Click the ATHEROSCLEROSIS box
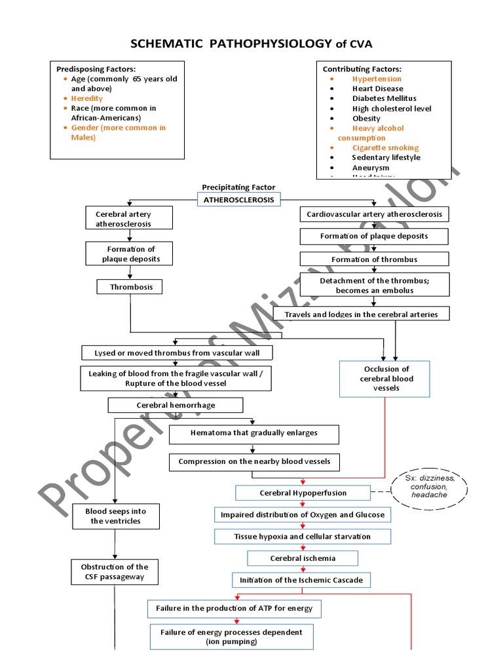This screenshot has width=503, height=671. click(x=239, y=199)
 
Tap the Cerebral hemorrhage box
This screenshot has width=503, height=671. click(x=176, y=405)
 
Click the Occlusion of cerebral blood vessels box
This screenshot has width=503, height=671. click(x=385, y=379)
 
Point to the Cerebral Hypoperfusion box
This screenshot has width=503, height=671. click(x=303, y=493)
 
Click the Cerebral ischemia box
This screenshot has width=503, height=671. click(x=303, y=558)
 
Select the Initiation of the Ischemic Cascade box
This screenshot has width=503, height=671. click(x=301, y=580)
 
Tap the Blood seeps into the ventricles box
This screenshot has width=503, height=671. click(x=115, y=516)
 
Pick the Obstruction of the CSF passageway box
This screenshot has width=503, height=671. click(x=115, y=572)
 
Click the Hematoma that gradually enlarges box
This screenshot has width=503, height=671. click(x=253, y=433)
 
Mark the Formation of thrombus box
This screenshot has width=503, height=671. click(x=374, y=259)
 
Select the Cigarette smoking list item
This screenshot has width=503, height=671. click(x=385, y=147)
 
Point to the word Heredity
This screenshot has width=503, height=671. click(x=87, y=98)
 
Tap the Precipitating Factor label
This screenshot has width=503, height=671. click(x=238, y=187)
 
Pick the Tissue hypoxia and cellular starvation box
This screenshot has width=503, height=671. click(x=302, y=537)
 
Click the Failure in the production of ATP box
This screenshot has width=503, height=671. click(x=234, y=609)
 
